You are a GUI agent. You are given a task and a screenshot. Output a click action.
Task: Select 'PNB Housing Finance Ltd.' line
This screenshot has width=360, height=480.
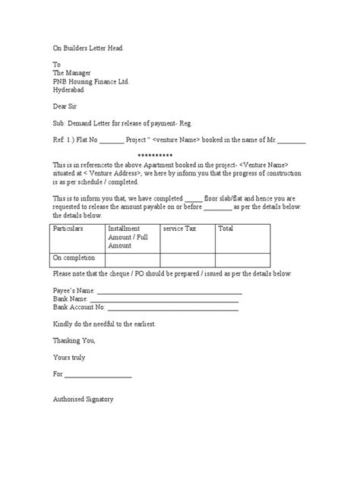tap(96, 81)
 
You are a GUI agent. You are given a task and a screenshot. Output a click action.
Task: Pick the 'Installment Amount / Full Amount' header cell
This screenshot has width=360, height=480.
tap(132, 237)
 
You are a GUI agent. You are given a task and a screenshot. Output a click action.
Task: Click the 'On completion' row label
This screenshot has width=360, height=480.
tap(74, 258)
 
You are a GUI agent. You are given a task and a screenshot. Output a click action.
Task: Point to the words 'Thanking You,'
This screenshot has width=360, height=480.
tap(74, 341)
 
